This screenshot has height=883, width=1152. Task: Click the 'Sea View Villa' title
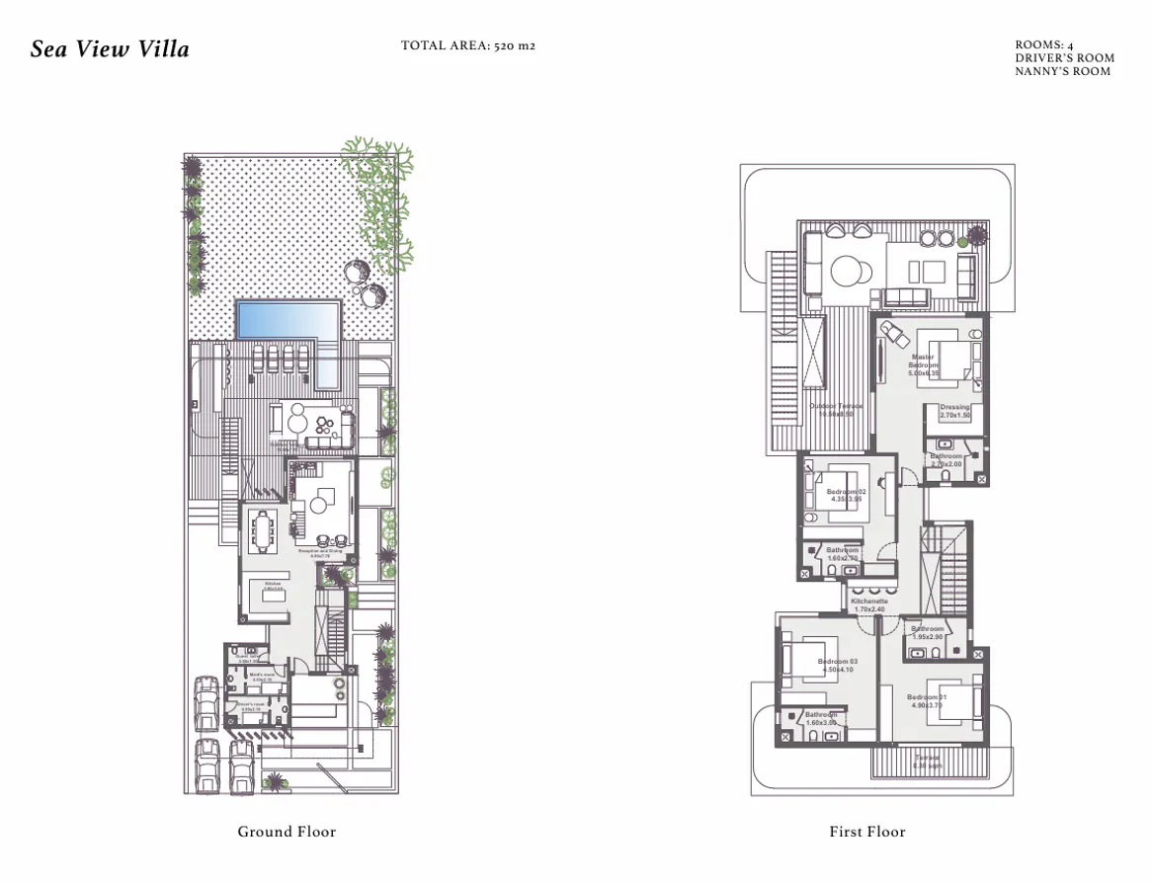pyautogui.click(x=110, y=49)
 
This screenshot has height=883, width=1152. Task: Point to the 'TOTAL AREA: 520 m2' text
pyautogui.click(x=468, y=45)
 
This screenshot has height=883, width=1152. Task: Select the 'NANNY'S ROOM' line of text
pyautogui.click(x=1062, y=71)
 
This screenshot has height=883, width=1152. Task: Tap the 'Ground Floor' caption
pyautogui.click(x=287, y=832)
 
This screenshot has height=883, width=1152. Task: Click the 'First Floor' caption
pyautogui.click(x=867, y=832)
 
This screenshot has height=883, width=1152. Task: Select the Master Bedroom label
pyautogui.click(x=924, y=365)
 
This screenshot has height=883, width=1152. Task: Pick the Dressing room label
pyautogui.click(x=954, y=412)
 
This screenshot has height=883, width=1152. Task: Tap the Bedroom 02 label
pyautogui.click(x=846, y=495)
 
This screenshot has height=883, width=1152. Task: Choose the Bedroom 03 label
pyautogui.click(x=836, y=665)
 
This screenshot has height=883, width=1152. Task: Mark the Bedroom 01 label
pyautogui.click(x=927, y=701)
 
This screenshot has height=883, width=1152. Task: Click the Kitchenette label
pyautogui.click(x=869, y=604)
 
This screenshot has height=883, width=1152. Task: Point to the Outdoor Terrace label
pyautogui.click(x=836, y=410)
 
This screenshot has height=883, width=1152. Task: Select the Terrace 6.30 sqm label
pyautogui.click(x=927, y=762)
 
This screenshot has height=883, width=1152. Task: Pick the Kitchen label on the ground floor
pyautogui.click(x=273, y=586)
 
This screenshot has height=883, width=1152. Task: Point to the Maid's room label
pyautogui.click(x=262, y=677)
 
